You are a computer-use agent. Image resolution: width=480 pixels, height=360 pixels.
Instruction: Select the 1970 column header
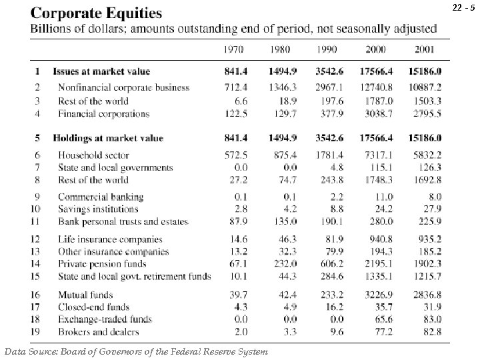[233, 49]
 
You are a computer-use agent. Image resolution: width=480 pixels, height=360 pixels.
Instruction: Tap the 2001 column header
[427, 49]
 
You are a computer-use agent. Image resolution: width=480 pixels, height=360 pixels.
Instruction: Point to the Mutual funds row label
[85, 295]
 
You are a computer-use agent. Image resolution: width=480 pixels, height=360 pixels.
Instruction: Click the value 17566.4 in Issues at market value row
[377, 71]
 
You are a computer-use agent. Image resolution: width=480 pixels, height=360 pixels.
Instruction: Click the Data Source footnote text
[136, 351]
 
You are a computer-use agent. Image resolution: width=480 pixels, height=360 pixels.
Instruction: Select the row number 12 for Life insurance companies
[37, 239]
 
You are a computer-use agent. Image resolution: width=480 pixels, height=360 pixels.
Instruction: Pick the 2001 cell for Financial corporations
[427, 113]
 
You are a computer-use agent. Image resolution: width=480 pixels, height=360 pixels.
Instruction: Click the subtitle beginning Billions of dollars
[233, 29]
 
